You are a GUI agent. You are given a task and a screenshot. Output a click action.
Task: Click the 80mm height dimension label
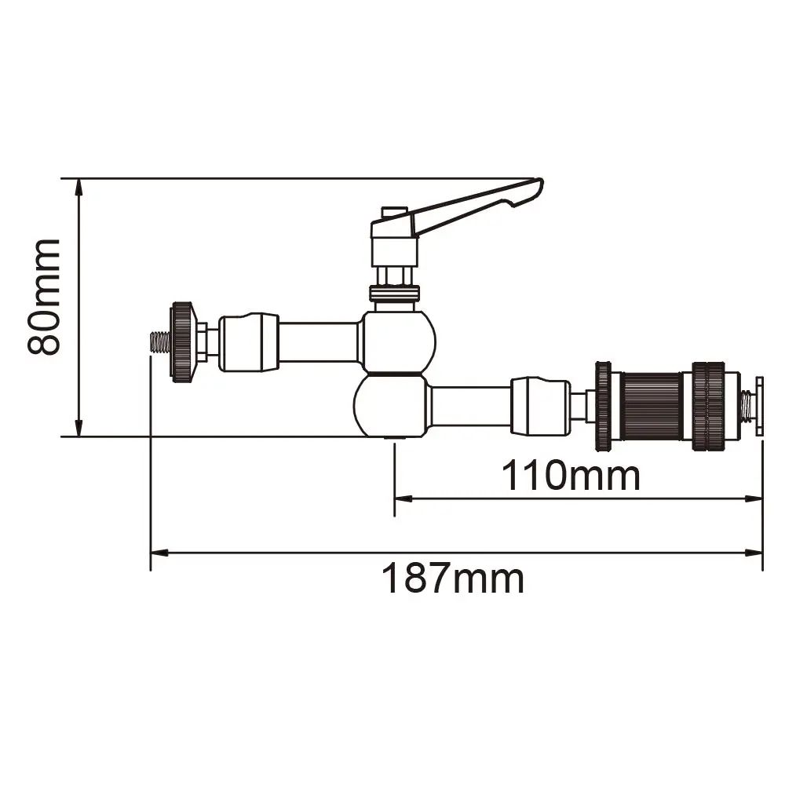pyautogui.click(x=44, y=298)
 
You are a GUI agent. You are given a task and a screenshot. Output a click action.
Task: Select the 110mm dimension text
pyautogui.click(x=571, y=475)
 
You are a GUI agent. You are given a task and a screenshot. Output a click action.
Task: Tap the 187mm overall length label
pyautogui.click(x=453, y=579)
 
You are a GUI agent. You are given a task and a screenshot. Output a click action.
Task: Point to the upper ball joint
pyautogui.click(x=398, y=341)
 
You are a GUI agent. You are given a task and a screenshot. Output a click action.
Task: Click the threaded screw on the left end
pyautogui.click(x=159, y=342)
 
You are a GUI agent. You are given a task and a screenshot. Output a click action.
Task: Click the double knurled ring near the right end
pyautogui.click(x=708, y=405)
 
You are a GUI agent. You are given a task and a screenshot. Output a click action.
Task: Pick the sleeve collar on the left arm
pyautogui.click(x=248, y=341)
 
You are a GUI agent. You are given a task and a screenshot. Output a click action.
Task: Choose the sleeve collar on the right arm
pyautogui.click(x=539, y=405)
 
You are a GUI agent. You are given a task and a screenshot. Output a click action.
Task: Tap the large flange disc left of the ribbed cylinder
pyautogui.click(x=603, y=405)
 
